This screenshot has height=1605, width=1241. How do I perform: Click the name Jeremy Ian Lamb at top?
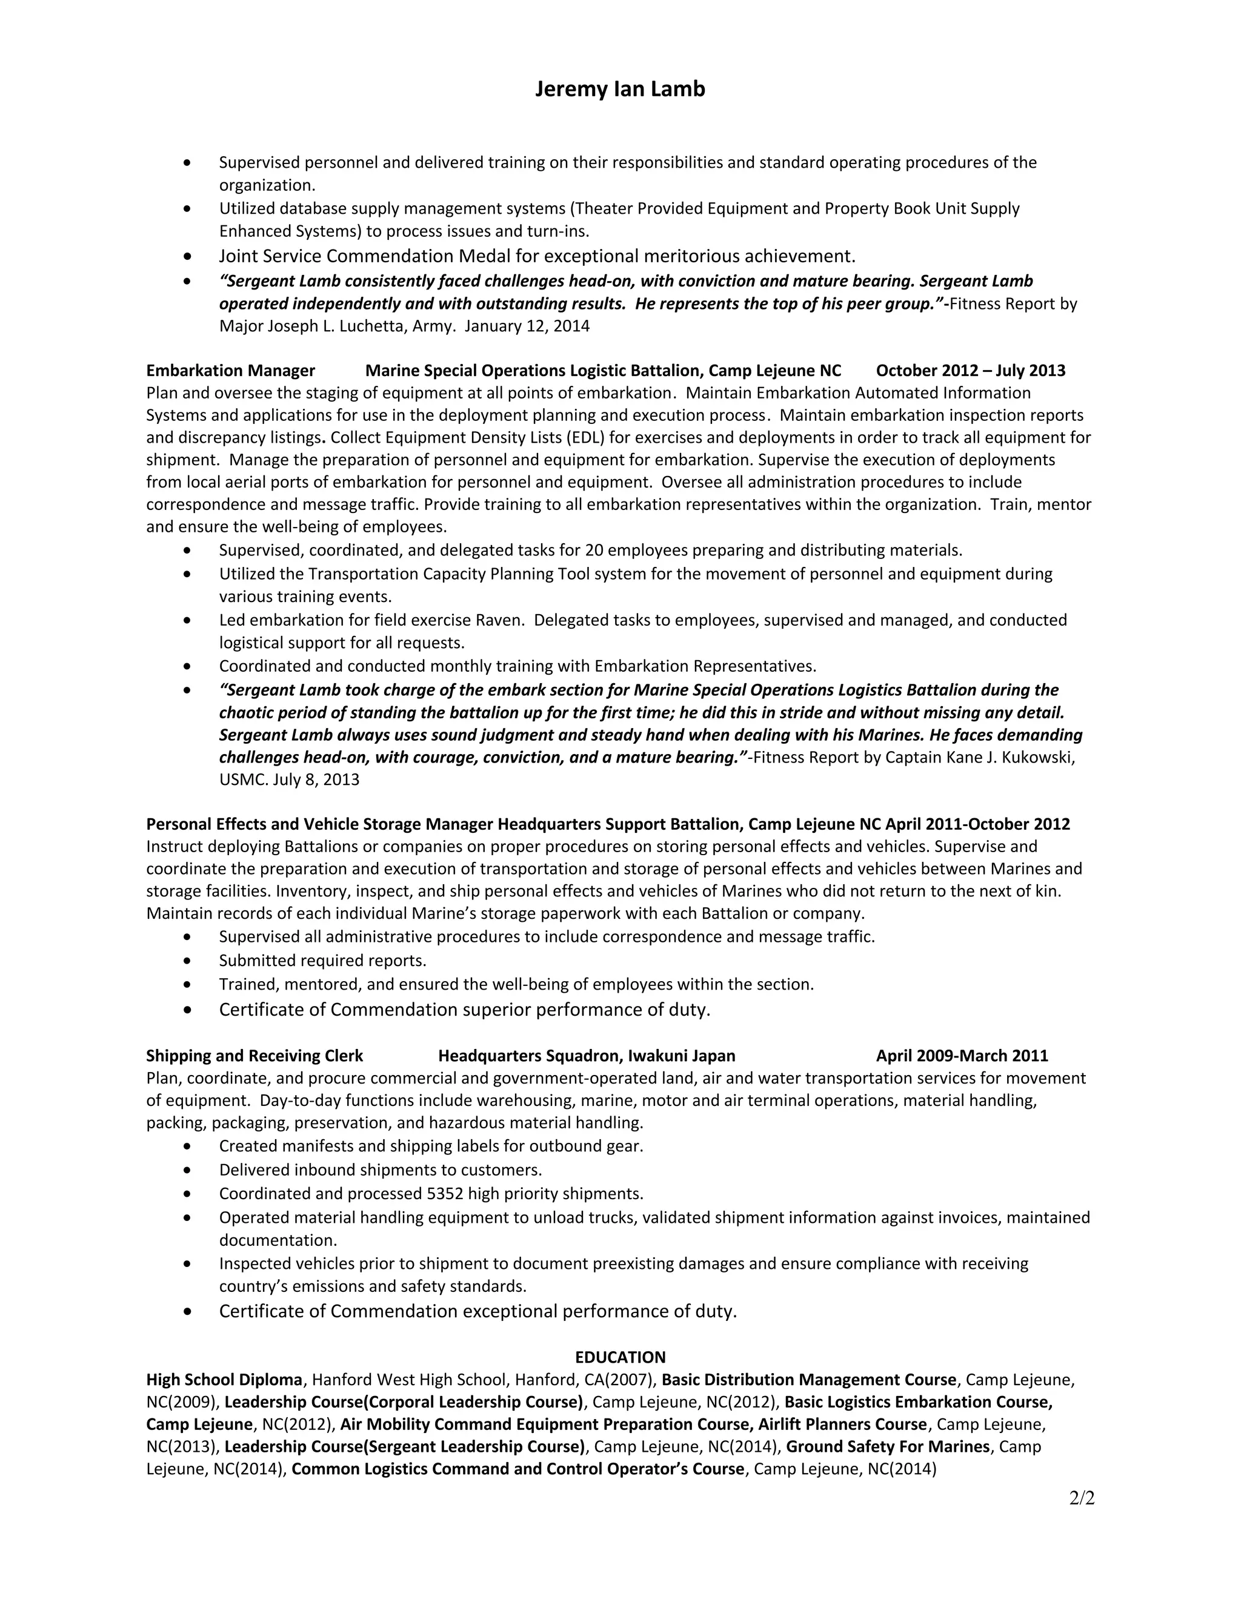coord(620,89)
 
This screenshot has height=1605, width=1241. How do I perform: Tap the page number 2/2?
coord(1082,1498)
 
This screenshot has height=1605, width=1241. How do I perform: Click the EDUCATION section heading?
coord(620,1357)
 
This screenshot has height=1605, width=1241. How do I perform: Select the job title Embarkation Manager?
coord(230,371)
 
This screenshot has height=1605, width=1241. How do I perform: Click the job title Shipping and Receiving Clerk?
coord(255,1056)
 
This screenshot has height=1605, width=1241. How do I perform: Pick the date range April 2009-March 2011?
coord(962,1056)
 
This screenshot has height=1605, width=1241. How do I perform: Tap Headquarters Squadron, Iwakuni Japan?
coord(586,1056)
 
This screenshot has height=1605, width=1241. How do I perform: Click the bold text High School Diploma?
coord(224,1379)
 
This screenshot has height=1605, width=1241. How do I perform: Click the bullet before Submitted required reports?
coord(189,961)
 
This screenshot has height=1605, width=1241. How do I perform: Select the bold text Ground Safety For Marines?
coord(887,1447)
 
